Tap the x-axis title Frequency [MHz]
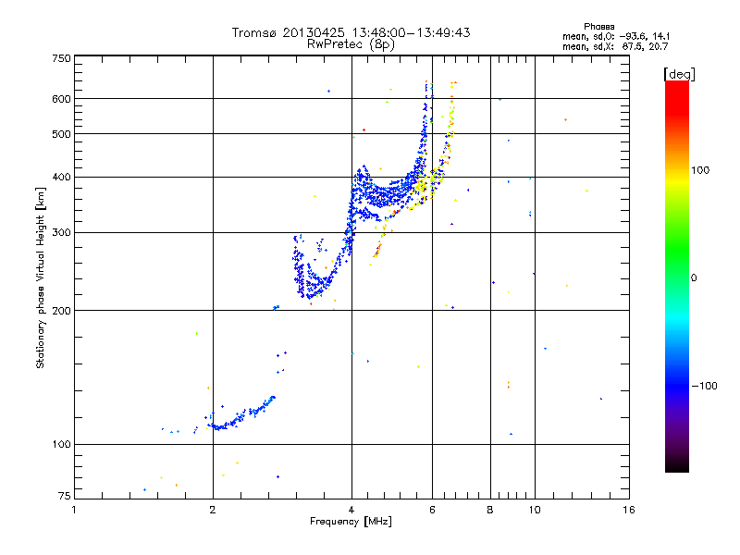[x=351, y=523]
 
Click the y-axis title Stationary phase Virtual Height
[x=41, y=277]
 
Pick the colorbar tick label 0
[x=695, y=277]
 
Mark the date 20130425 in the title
[x=321, y=32]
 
